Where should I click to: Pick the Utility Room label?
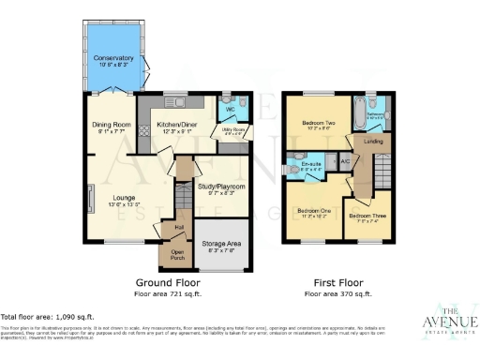click(x=232, y=130)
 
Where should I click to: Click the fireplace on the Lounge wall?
click(x=90, y=200)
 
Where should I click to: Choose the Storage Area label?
click(x=228, y=244)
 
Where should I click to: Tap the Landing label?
click(x=372, y=142)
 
